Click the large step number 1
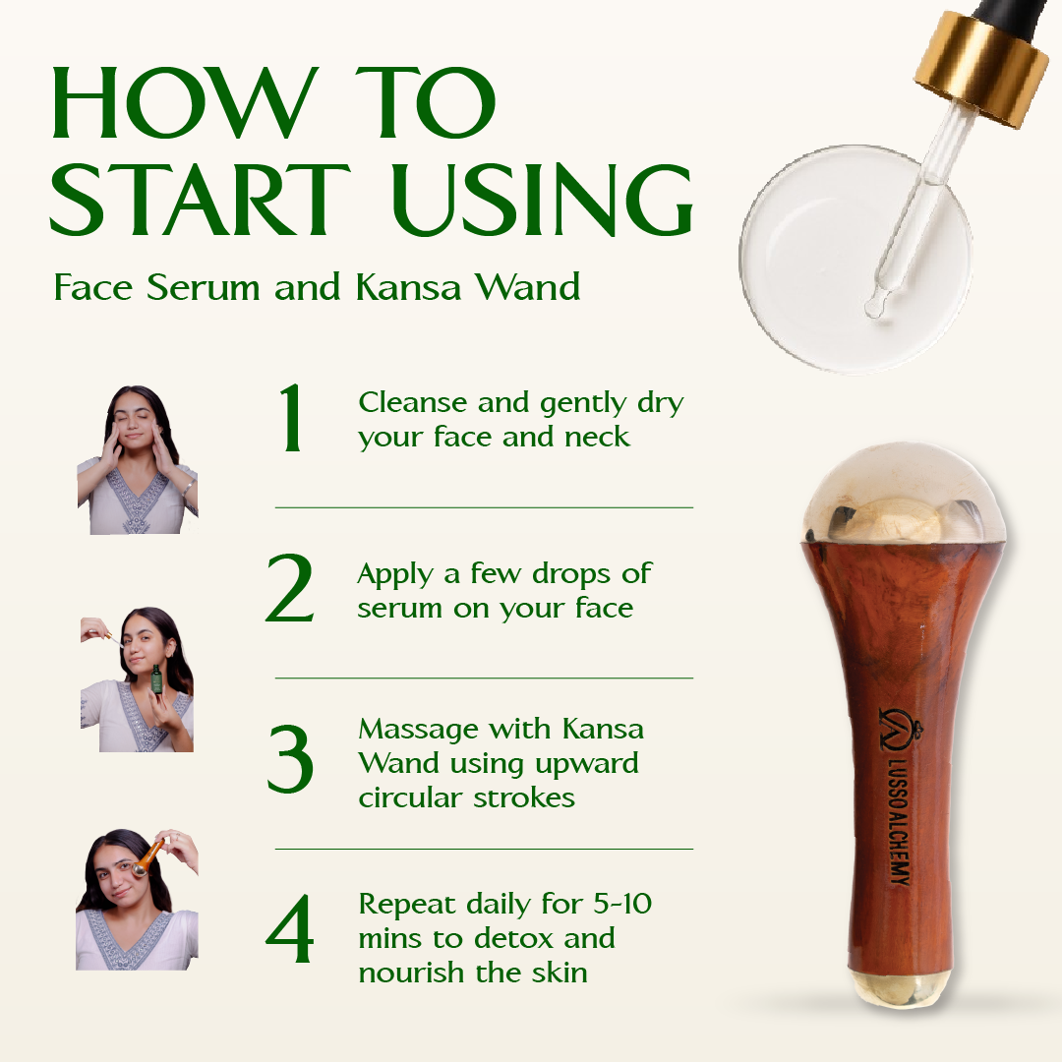tap(291, 417)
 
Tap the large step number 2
tap(290, 587)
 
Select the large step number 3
tap(290, 758)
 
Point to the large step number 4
tap(289, 928)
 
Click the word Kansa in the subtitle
tap(408, 286)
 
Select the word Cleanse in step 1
tap(413, 402)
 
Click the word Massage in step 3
tap(419, 730)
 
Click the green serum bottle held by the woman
tap(157, 682)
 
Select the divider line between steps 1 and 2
tap(484, 507)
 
